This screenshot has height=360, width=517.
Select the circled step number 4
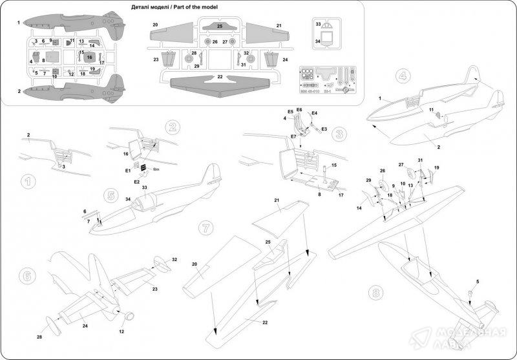[x=404, y=75]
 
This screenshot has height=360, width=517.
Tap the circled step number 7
[x=205, y=228]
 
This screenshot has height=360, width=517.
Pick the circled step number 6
[x=26, y=274]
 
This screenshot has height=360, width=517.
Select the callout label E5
[x=291, y=112]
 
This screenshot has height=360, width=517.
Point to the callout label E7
[x=294, y=138]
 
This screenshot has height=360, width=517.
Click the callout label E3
[x=324, y=130]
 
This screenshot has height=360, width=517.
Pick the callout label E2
[x=137, y=182]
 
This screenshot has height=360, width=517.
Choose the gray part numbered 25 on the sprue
[x=220, y=26]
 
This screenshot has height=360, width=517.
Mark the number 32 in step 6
[x=174, y=259]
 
